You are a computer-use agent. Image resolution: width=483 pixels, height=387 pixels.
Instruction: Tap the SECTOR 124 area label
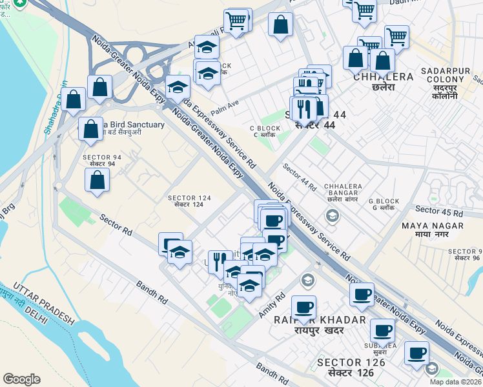[x=189, y=201]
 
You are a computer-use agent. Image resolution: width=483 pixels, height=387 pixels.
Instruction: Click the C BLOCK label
[x=266, y=132]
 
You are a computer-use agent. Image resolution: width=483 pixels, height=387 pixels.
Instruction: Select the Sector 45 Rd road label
[x=439, y=211]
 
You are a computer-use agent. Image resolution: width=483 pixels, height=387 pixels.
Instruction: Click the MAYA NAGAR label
[x=433, y=230]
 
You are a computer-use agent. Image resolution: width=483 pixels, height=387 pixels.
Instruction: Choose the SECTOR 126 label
[x=351, y=367]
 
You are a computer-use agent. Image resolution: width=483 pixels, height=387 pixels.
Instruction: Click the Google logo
[x=21, y=379]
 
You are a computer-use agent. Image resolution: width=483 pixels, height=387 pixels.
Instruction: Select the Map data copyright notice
[x=455, y=382]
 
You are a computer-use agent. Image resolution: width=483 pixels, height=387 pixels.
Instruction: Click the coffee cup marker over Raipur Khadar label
[x=303, y=307]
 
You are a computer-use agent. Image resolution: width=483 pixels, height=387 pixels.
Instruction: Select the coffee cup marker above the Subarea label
[x=383, y=331]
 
